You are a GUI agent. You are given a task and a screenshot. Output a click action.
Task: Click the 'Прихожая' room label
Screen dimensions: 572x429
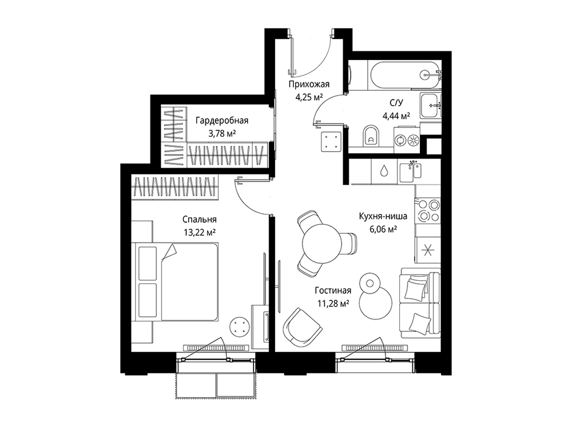tap(309, 85)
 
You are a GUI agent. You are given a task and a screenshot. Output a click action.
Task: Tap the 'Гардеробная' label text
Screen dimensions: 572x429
tap(222, 120)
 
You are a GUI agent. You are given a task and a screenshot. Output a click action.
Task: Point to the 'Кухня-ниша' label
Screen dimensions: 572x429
tap(383, 216)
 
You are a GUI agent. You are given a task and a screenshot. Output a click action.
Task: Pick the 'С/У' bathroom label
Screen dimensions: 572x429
tap(396, 103)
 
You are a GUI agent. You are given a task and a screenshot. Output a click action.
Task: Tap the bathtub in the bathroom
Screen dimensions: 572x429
tap(405, 75)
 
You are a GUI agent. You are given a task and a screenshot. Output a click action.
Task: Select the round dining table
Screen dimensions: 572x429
tap(322, 243)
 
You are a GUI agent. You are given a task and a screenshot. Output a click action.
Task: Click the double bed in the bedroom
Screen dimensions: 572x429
tap(177, 281)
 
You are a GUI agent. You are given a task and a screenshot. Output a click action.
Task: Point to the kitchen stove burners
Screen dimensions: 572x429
tap(428, 210)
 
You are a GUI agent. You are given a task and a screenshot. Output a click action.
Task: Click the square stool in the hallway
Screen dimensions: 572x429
tap(331, 141)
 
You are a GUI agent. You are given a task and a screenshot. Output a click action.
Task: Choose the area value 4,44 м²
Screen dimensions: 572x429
tap(396, 116)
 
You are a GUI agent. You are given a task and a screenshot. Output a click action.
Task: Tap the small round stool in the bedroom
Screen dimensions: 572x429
tap(239, 326)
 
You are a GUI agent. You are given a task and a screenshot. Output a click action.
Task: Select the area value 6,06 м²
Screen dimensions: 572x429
tap(383, 229)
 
